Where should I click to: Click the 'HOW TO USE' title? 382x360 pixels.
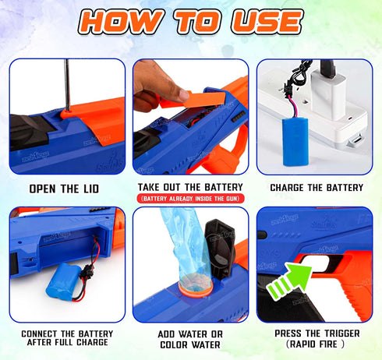point(192,22)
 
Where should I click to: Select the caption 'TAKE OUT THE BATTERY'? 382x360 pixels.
point(190,187)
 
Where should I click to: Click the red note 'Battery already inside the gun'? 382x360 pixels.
point(190,198)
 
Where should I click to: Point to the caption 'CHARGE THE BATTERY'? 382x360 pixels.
point(316,188)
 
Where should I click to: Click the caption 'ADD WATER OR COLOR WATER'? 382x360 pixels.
point(190,339)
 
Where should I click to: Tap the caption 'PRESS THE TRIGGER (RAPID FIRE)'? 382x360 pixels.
point(316,339)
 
